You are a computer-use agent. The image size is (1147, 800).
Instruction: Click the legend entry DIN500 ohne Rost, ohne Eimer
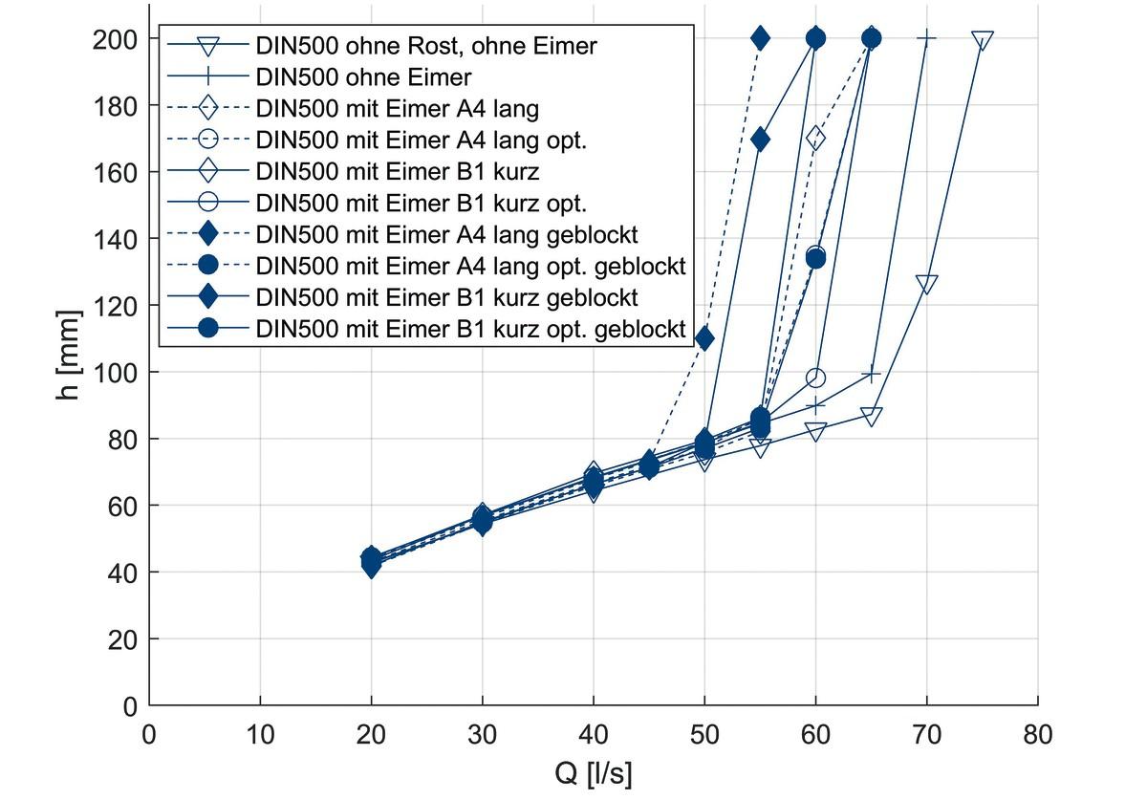(x=425, y=45)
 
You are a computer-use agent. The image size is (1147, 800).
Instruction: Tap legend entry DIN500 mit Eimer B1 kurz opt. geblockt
(x=471, y=329)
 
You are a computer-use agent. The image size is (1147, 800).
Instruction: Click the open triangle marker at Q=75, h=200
(x=982, y=40)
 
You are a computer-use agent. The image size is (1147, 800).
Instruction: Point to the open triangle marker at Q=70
(x=926, y=284)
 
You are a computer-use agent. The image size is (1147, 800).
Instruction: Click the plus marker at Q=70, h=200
(x=926, y=38)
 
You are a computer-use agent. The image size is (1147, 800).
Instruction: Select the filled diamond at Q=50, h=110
(x=704, y=338)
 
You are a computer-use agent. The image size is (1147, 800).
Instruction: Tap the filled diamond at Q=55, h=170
(x=760, y=140)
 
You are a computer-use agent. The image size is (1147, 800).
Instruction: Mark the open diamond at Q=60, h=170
(x=815, y=139)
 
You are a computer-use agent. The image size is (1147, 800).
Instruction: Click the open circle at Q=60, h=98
(x=815, y=378)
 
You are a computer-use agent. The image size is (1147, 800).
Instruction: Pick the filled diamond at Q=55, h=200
(x=760, y=38)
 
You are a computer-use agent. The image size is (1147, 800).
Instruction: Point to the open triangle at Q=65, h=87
(x=871, y=416)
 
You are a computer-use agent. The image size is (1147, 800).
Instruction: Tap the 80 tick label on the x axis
(x=1037, y=734)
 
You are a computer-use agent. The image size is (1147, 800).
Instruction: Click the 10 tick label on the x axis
(x=260, y=734)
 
